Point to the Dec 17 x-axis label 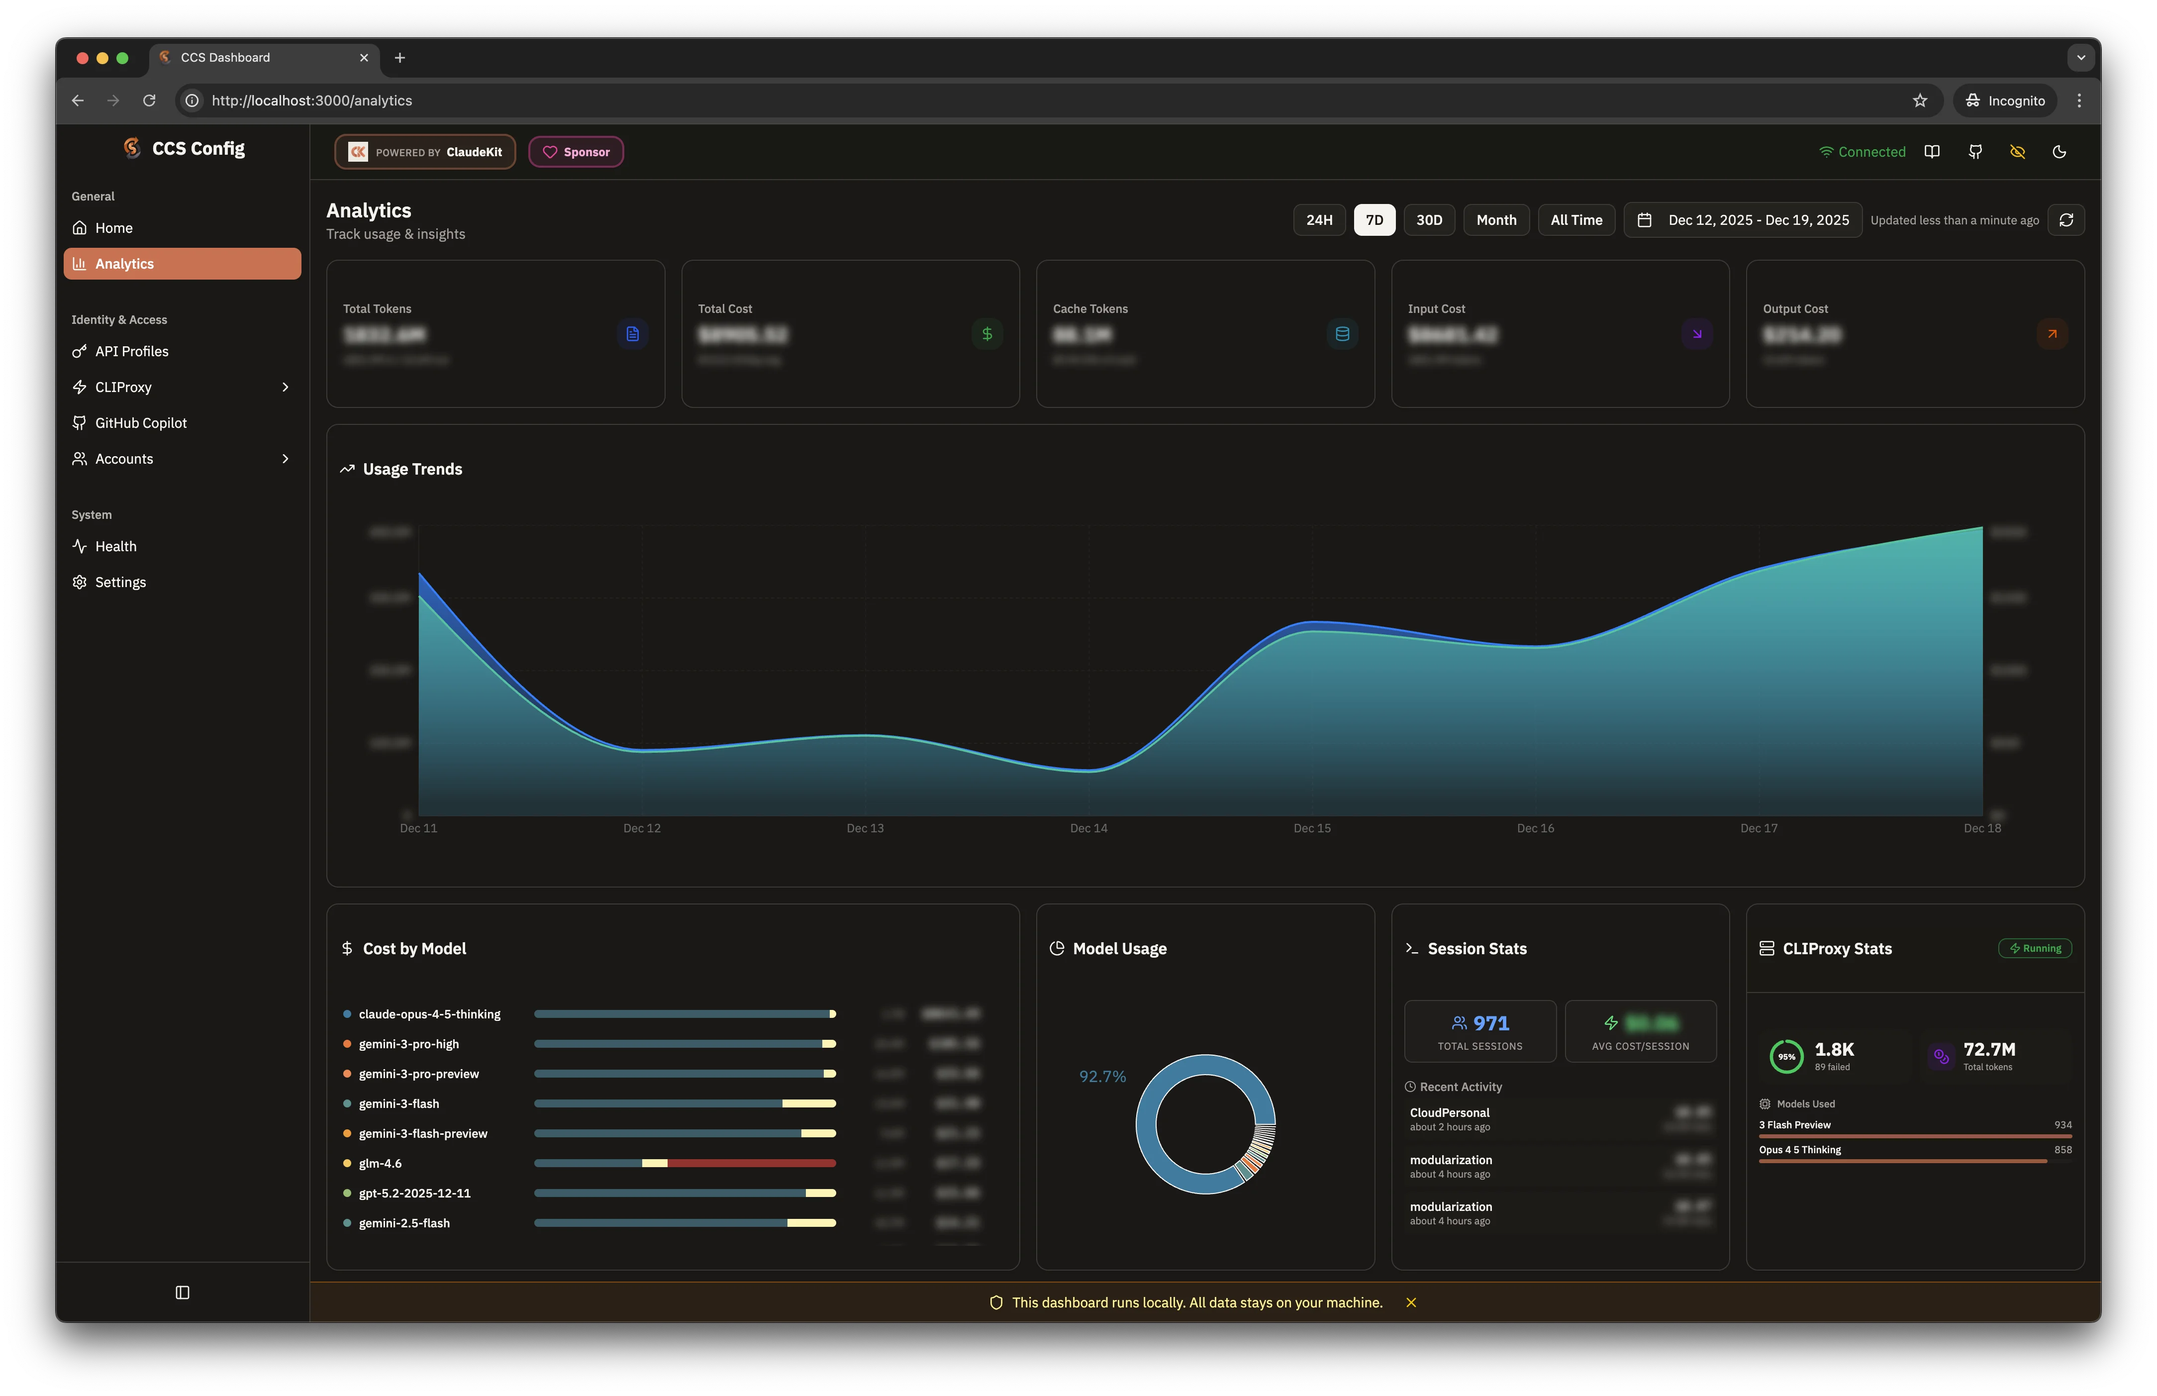pos(1758,828)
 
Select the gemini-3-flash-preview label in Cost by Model pos(422,1134)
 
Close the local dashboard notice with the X pos(1410,1302)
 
